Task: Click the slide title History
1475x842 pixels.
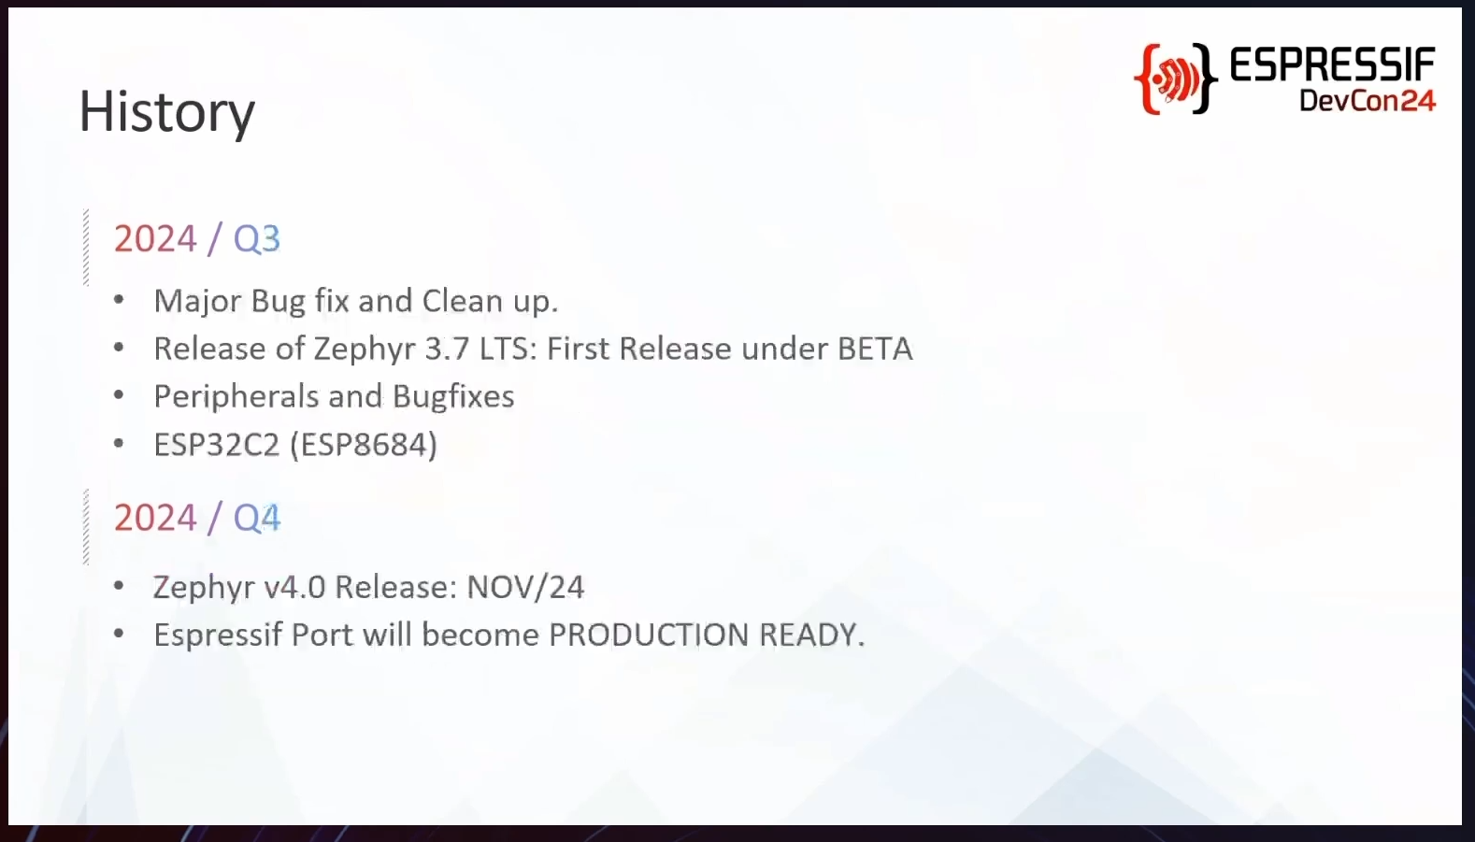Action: click(x=166, y=112)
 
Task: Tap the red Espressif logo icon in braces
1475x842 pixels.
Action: click(x=1175, y=79)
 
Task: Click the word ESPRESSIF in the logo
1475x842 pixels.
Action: click(x=1332, y=64)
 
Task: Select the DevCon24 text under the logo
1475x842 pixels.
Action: click(x=1367, y=100)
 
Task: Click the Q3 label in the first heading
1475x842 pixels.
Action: click(x=257, y=239)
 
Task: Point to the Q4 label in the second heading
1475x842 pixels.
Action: click(x=257, y=518)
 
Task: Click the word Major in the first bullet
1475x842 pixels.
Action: click(x=197, y=302)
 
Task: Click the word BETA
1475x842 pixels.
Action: click(x=875, y=349)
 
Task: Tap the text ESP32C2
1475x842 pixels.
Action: click(x=217, y=445)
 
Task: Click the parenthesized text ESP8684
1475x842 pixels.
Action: click(x=365, y=445)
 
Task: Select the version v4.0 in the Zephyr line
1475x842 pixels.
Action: click(x=294, y=587)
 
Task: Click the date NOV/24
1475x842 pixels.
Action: click(x=525, y=587)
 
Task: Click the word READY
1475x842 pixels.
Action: click(x=812, y=635)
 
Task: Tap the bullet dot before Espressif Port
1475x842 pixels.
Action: click(x=119, y=634)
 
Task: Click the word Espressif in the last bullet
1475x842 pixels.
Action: click(x=218, y=635)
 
